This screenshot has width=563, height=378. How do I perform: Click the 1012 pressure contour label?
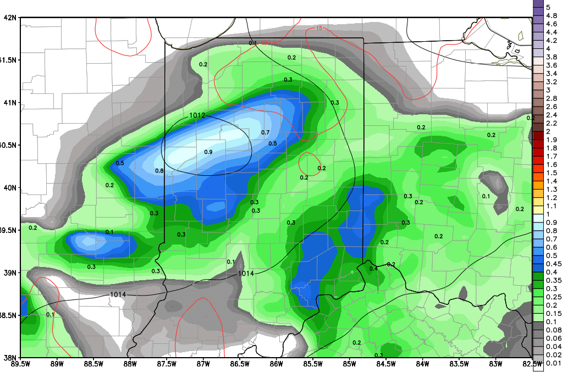(x=197, y=115)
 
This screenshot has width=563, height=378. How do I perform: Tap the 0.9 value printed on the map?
(x=208, y=152)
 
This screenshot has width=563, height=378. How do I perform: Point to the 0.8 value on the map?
(x=159, y=171)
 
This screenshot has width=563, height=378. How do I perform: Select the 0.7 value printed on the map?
(x=265, y=132)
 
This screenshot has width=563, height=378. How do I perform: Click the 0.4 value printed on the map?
(x=373, y=269)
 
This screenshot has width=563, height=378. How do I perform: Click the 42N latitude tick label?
(x=10, y=18)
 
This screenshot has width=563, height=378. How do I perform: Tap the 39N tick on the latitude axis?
(x=10, y=273)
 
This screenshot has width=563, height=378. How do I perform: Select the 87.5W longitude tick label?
(x=167, y=363)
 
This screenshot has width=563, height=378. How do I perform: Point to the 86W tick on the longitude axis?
(x=277, y=363)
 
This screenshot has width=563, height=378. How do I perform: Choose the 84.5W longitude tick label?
(x=386, y=363)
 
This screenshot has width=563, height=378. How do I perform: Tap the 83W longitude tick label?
(x=496, y=363)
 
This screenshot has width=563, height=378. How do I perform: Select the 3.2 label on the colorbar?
(x=550, y=82)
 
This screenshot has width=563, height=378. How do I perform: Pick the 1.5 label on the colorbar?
(x=550, y=173)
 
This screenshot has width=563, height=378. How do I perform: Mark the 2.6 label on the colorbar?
(x=550, y=107)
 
